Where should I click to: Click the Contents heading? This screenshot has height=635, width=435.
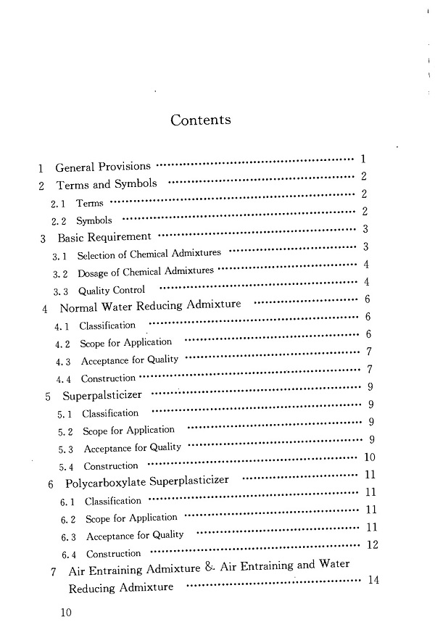click(x=201, y=120)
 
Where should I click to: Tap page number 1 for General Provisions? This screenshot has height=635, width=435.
click(x=362, y=159)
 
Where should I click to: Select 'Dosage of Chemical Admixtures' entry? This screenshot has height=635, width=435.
click(x=145, y=272)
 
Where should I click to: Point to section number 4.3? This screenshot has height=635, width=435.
click(x=63, y=361)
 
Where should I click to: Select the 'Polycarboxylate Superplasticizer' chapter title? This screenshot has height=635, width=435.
click(x=147, y=481)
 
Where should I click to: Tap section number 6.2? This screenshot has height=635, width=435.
click(x=69, y=520)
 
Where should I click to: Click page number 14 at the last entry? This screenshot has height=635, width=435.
click(x=374, y=579)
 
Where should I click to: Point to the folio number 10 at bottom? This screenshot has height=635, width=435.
click(x=67, y=613)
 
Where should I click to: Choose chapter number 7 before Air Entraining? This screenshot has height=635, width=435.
click(x=54, y=572)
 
